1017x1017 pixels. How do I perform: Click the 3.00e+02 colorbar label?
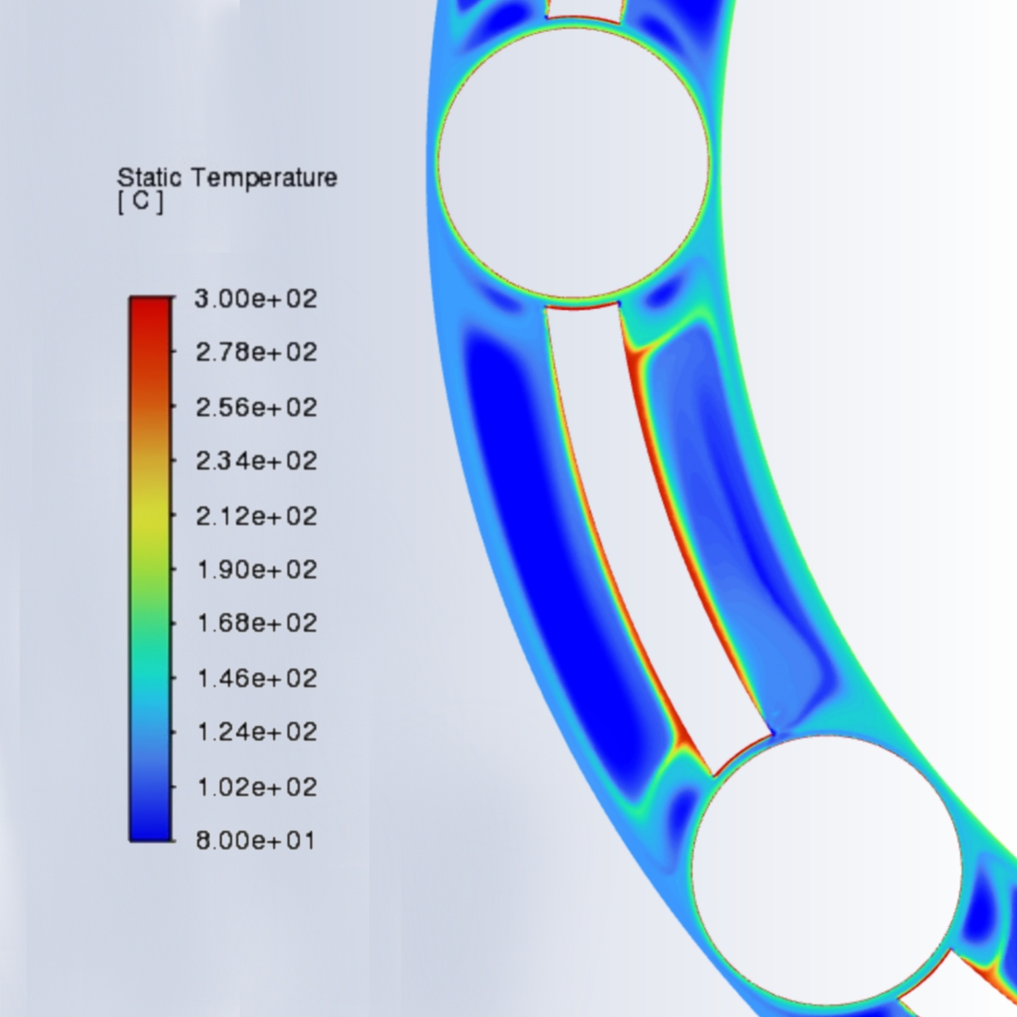coord(256,299)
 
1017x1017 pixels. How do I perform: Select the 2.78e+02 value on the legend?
coord(256,352)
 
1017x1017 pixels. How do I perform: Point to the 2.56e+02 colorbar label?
coord(256,408)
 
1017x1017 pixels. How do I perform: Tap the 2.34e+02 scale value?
coord(256,461)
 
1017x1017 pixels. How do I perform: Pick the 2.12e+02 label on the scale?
coord(256,516)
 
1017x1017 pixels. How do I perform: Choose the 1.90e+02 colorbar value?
coord(256,570)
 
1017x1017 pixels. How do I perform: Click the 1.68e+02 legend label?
coord(256,623)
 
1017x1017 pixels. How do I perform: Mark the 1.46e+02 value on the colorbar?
coord(256,678)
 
